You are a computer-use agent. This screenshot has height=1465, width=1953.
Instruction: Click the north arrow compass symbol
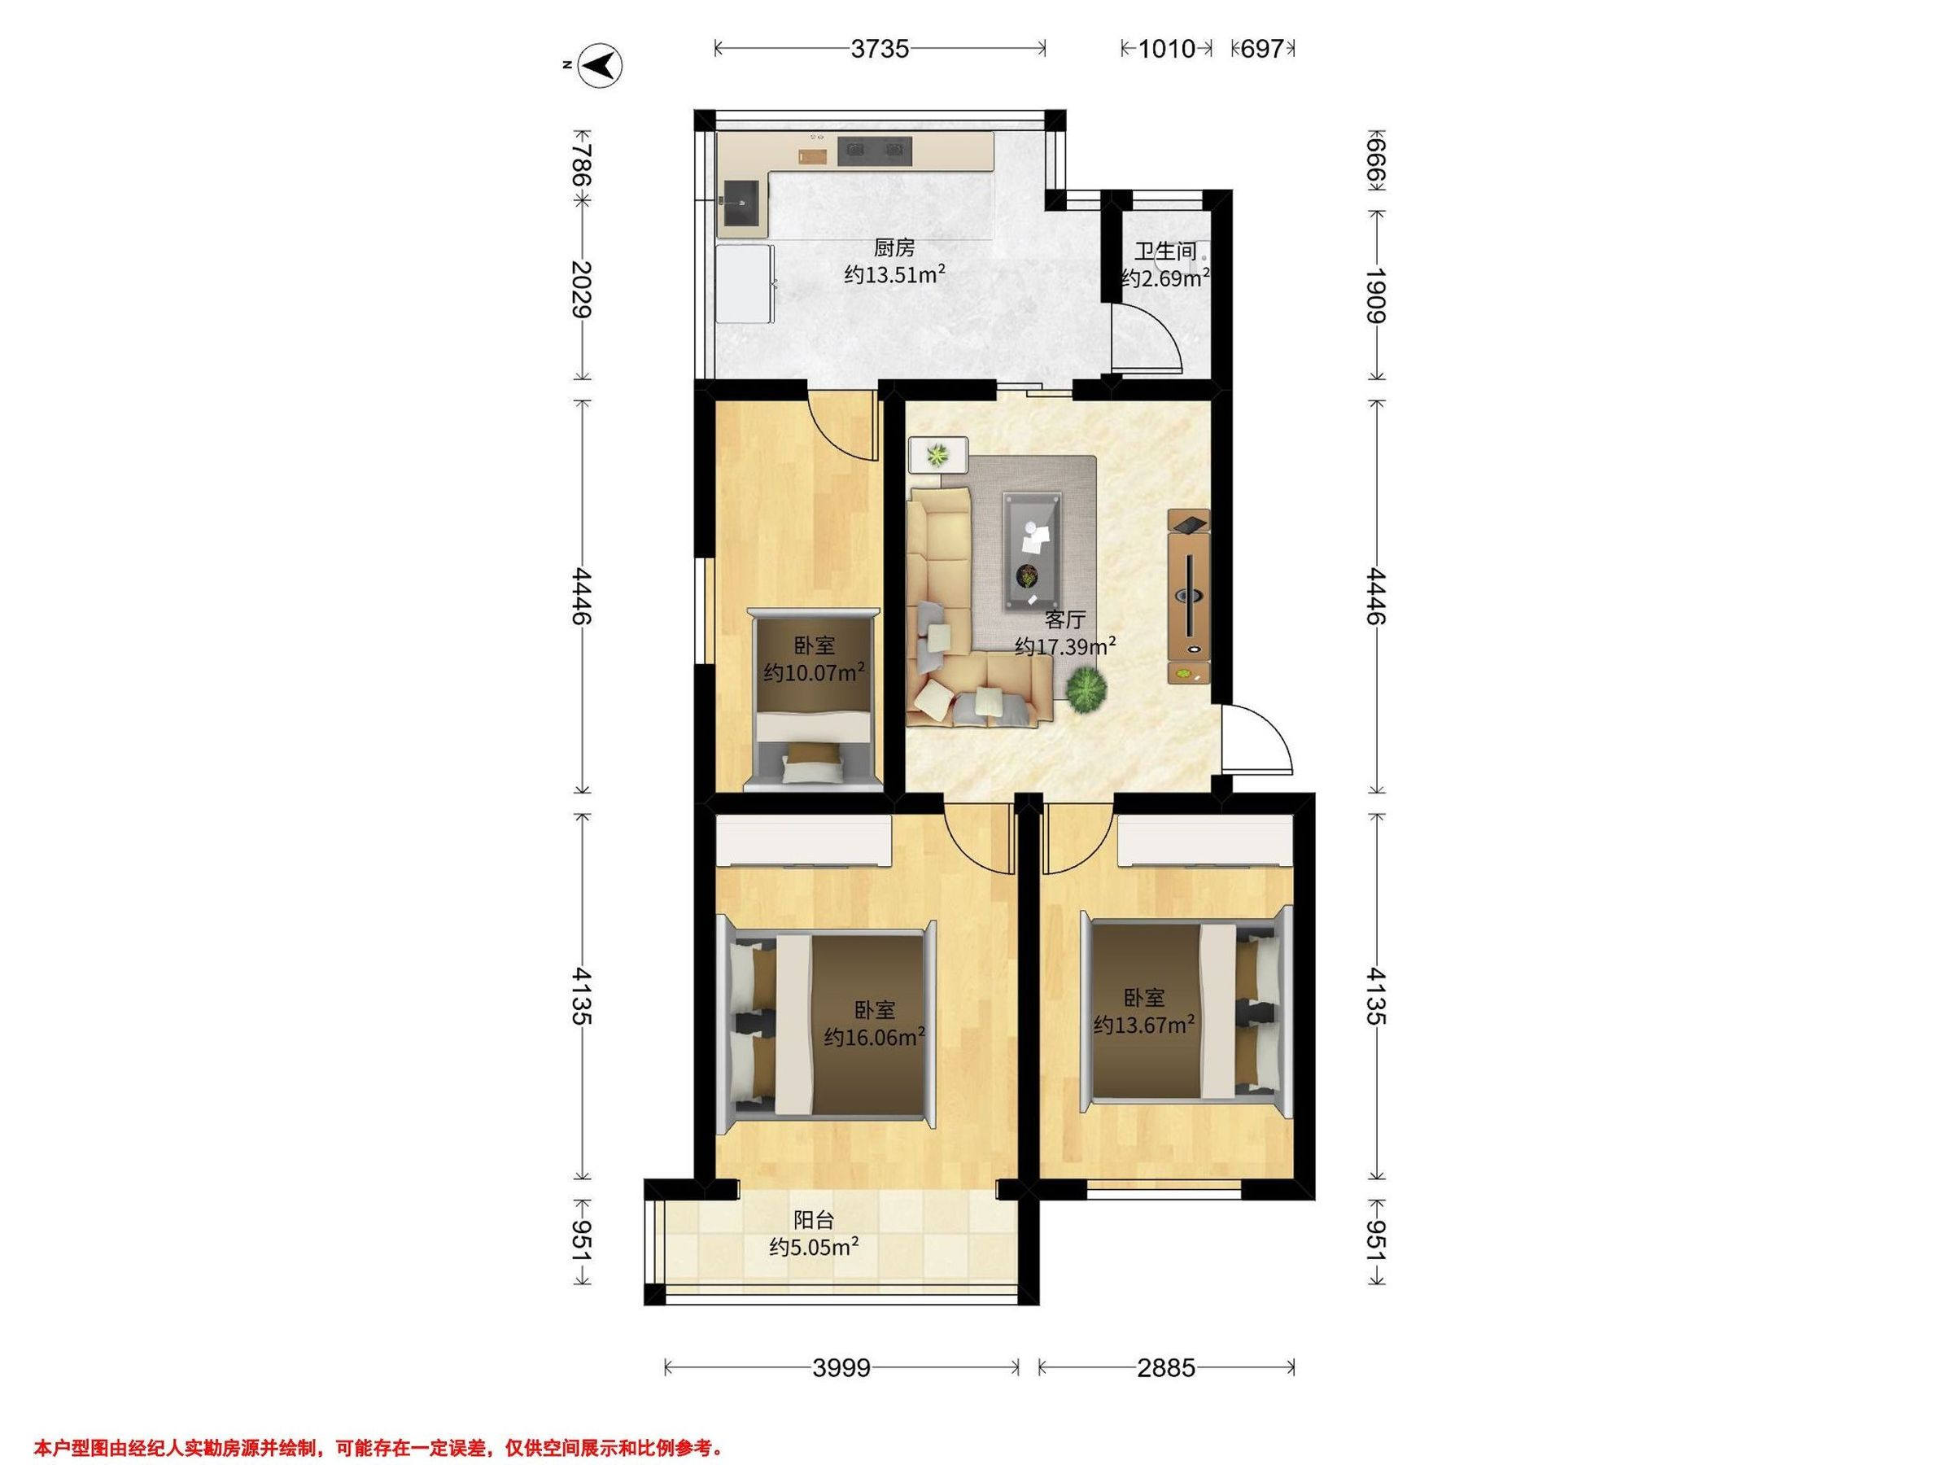pos(601,64)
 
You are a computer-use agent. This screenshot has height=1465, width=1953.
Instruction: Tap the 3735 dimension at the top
pos(880,49)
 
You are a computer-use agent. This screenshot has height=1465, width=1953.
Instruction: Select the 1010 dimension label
pos(1165,49)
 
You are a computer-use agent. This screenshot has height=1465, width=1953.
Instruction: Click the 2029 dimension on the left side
pos(580,289)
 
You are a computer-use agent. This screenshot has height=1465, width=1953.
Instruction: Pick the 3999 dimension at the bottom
pos(841,1368)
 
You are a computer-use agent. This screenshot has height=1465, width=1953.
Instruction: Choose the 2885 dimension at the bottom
pos(1165,1368)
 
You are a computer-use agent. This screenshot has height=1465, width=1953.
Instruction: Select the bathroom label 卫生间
pos(1165,251)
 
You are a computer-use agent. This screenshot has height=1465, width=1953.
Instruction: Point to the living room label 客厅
pos(1064,619)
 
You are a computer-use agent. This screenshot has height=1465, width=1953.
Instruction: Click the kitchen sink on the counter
pos(125,204)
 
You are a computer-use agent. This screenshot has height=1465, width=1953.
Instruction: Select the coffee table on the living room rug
pos(1031,551)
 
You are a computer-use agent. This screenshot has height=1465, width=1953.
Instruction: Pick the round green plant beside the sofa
pos(1086,688)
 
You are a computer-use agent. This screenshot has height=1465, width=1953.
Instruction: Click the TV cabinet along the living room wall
pos(1188,596)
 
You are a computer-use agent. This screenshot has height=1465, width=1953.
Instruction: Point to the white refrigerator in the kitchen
pos(745,284)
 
